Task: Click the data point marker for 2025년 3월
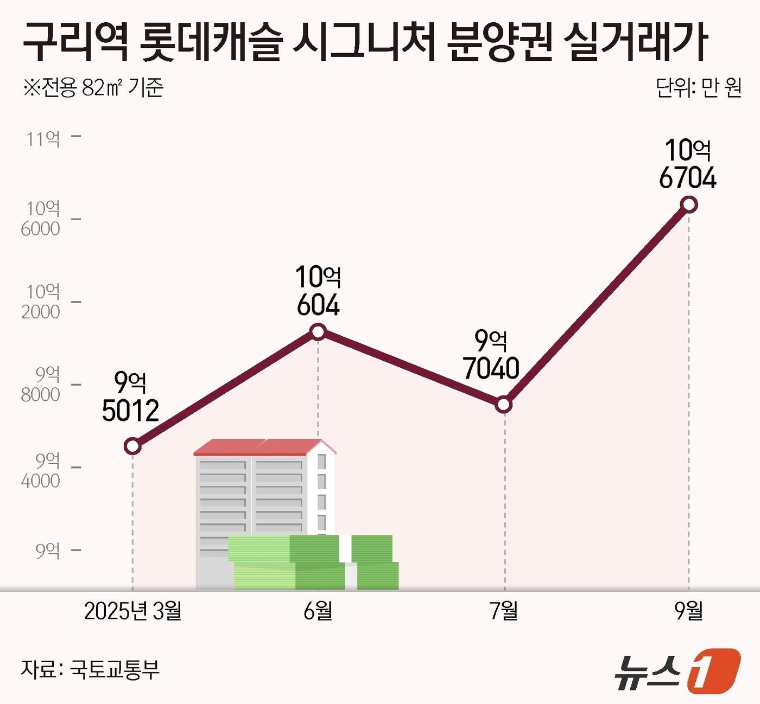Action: (x=132, y=446)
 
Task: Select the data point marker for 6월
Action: (x=318, y=331)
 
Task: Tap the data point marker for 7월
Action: (x=504, y=405)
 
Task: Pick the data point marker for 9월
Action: (x=689, y=204)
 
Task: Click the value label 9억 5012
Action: (x=130, y=398)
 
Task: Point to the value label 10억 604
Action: (x=318, y=291)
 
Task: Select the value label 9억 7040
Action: (x=491, y=355)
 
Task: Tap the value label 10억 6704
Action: (x=688, y=164)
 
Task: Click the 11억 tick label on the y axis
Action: (x=43, y=139)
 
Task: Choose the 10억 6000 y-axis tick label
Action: (x=41, y=219)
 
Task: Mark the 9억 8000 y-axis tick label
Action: (x=41, y=384)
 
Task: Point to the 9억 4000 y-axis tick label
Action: (x=41, y=470)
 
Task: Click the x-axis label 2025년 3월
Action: (x=133, y=611)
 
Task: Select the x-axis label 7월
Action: (x=504, y=611)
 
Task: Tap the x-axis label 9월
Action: (x=689, y=611)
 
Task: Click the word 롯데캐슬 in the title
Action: (x=211, y=42)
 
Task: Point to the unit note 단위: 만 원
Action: (x=699, y=88)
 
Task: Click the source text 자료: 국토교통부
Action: (x=90, y=669)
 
